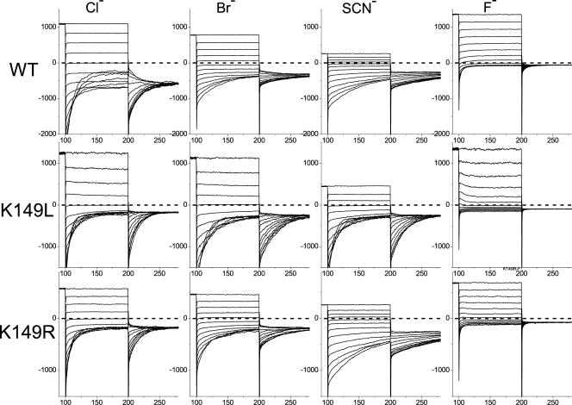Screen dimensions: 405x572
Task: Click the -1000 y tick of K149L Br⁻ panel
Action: point(176,246)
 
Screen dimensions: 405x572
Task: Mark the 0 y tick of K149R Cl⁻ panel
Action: point(55,318)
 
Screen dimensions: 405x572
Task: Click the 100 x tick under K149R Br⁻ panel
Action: point(195,401)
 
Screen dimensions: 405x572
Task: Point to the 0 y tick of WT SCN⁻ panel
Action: point(314,63)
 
